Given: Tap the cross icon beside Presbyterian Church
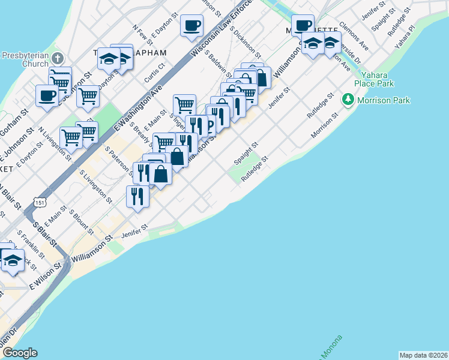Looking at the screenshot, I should (x=58, y=59).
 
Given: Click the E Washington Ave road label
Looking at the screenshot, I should (x=138, y=109).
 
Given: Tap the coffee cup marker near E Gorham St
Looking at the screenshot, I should (x=47, y=95).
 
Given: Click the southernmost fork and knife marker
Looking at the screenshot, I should (x=137, y=195).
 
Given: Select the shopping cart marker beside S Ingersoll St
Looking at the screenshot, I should (x=184, y=105).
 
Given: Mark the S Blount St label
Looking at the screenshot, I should (x=81, y=222).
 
